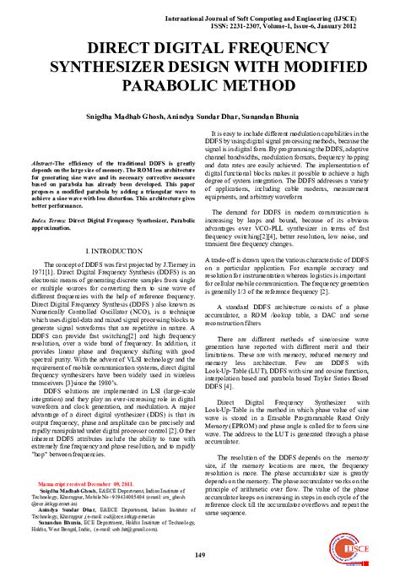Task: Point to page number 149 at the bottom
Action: [199, 553]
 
